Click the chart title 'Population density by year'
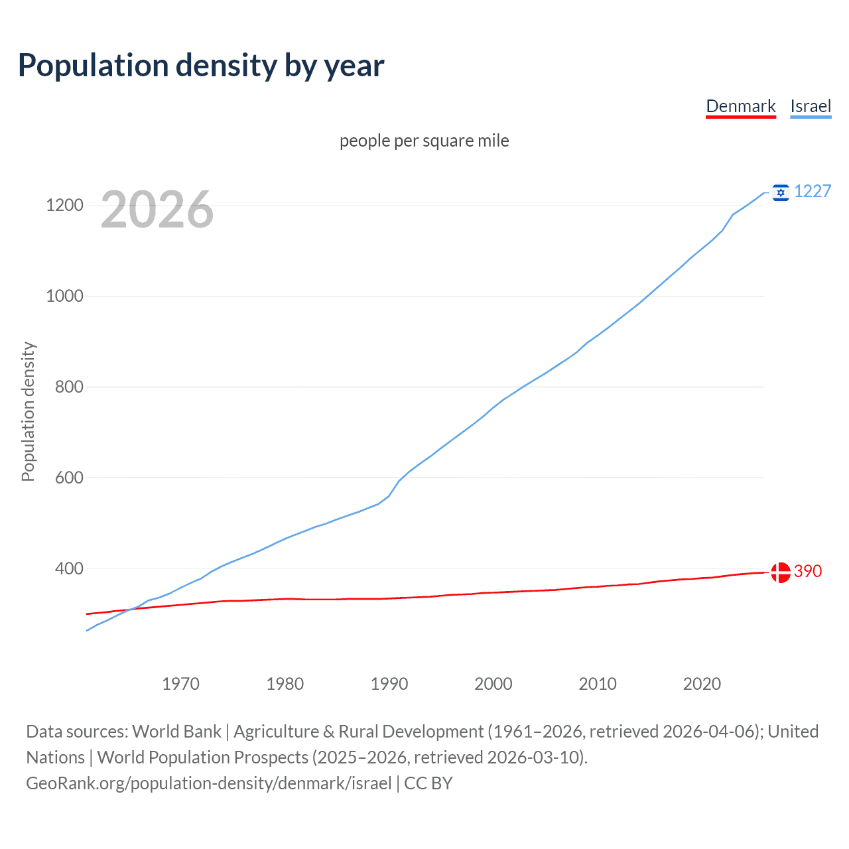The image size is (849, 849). point(201,65)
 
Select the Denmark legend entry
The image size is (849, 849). point(740,106)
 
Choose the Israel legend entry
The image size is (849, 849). point(811,106)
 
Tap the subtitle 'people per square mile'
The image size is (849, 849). point(424,141)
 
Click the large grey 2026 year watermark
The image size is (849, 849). point(157,210)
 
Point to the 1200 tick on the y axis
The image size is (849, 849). point(64,205)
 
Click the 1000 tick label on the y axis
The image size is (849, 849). point(64,296)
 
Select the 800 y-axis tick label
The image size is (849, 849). point(69,387)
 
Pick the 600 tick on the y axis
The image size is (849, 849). point(69,478)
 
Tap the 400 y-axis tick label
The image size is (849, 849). point(69,568)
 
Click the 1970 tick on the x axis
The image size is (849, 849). point(180,684)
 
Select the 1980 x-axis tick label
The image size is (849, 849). point(285,684)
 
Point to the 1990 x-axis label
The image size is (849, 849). point(389,684)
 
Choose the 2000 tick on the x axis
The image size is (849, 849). point(493,684)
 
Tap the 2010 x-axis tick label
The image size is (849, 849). point(598,684)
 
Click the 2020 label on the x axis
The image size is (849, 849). point(702,684)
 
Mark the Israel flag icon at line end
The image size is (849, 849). point(781,192)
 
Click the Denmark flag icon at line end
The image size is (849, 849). point(781,572)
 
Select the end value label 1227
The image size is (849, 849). point(813,191)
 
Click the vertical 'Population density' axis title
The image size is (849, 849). point(28,411)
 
